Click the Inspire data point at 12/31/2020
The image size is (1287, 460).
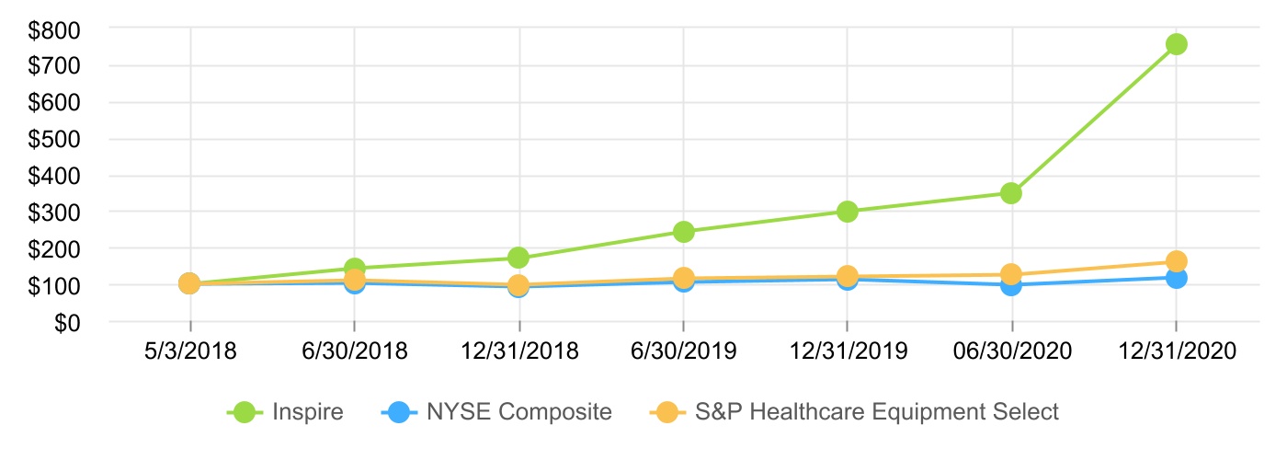coord(1176,44)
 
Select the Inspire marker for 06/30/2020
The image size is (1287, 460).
coord(1011,193)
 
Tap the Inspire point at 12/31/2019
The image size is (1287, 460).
coord(847,212)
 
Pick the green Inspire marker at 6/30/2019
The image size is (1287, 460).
coord(683,232)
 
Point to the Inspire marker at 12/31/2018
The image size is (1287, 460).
coord(518,258)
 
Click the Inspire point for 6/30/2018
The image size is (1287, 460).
coord(354,269)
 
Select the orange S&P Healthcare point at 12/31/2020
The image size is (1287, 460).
coord(1176,261)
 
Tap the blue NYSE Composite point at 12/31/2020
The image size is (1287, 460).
coord(1176,278)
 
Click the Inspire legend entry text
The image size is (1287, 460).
coord(308,412)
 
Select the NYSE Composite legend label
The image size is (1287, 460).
coord(518,412)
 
